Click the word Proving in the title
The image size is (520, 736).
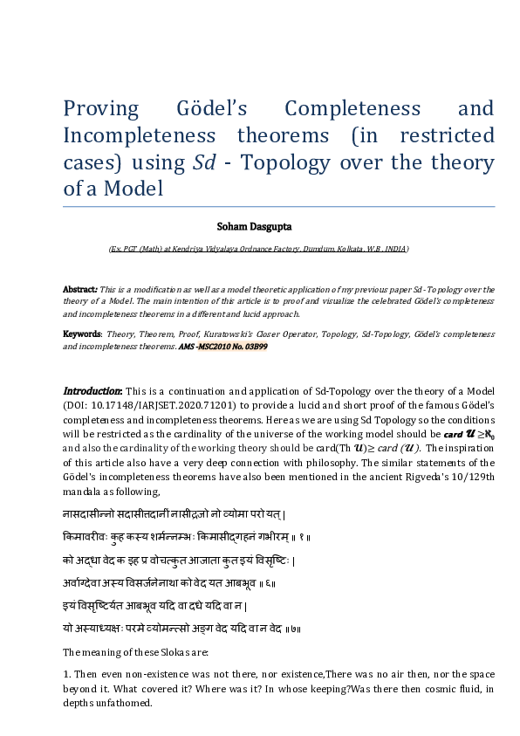point(100,109)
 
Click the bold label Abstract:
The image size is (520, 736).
point(80,289)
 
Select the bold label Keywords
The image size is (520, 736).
point(82,334)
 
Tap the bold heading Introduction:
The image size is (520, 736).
point(93,390)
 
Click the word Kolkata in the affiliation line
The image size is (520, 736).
point(331,249)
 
